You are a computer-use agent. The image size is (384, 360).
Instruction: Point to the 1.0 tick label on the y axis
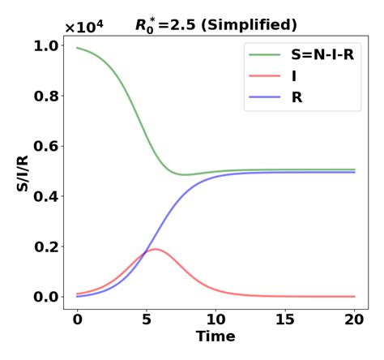tap(45, 45)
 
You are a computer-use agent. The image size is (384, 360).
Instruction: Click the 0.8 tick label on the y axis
tap(45, 96)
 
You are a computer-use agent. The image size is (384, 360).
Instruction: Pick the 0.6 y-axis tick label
tap(45, 146)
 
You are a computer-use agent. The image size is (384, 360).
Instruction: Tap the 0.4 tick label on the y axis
tap(45, 196)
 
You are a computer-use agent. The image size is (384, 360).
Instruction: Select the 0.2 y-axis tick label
tap(45, 246)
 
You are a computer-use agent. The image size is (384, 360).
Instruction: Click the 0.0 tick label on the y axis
tap(45, 297)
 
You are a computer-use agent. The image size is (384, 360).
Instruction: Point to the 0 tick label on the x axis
tap(77, 319)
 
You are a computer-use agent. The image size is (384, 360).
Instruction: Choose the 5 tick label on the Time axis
tap(147, 319)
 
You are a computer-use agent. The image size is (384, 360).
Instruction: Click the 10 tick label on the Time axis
tap(216, 319)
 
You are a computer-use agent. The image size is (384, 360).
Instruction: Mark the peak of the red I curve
tap(155, 249)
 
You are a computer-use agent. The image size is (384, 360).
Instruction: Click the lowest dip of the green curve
tap(186, 174)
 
